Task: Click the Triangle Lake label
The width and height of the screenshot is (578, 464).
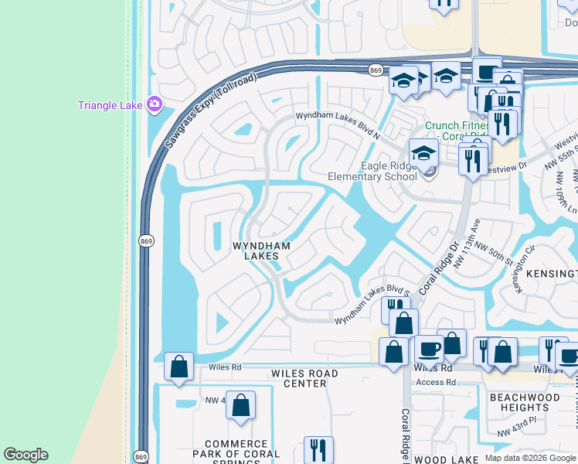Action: pyautogui.click(x=109, y=105)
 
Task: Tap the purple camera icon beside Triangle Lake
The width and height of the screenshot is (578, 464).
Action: pyautogui.click(x=154, y=104)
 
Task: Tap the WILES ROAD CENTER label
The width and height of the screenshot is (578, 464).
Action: pyautogui.click(x=304, y=378)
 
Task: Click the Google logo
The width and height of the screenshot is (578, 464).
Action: pyautogui.click(x=25, y=455)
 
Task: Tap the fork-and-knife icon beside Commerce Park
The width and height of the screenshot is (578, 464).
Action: pyautogui.click(x=318, y=449)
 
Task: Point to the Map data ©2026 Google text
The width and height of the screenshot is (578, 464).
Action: pyautogui.click(x=531, y=458)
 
